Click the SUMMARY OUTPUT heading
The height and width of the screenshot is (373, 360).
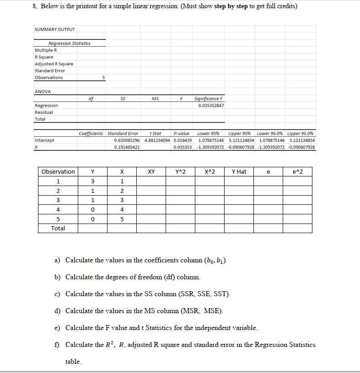click(x=54, y=30)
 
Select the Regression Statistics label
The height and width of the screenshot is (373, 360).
click(x=69, y=43)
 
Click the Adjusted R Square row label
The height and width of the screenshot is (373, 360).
click(x=54, y=64)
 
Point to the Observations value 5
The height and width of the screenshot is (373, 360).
click(x=103, y=78)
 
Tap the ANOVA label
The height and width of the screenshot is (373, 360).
click(x=43, y=92)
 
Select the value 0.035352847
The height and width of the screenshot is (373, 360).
click(x=211, y=106)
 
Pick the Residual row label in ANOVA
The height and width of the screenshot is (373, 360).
click(x=44, y=112)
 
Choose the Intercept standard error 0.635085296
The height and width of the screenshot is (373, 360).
click(x=127, y=140)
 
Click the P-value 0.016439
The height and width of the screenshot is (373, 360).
click(x=183, y=140)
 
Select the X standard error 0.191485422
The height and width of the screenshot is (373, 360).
click(x=127, y=147)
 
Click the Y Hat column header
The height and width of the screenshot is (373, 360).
click(x=239, y=172)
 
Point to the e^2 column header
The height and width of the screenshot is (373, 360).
click(x=297, y=172)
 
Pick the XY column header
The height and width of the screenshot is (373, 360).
click(x=151, y=172)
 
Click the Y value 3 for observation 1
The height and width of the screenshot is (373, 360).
click(x=93, y=181)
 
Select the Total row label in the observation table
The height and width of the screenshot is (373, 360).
click(x=58, y=228)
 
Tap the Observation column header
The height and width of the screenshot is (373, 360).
click(x=58, y=172)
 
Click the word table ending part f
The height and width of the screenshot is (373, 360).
click(x=73, y=362)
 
